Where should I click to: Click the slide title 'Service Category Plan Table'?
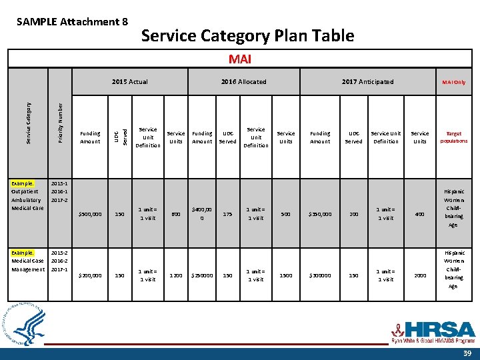point(247,35)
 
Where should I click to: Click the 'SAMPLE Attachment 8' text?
point(72,21)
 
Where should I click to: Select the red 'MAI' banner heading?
point(240,59)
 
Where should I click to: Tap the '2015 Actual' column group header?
point(130,82)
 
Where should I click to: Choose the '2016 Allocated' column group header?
point(243,82)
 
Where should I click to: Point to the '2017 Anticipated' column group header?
point(367,82)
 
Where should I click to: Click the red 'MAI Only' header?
point(453,82)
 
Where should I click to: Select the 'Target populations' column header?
point(453,137)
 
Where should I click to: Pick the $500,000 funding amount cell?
point(90,214)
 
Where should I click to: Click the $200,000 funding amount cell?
point(90,275)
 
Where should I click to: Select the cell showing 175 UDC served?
point(228,214)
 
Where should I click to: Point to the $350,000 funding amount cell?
point(320,214)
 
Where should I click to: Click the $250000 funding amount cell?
point(202,275)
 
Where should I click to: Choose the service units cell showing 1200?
point(176,275)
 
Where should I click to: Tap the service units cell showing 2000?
point(420,275)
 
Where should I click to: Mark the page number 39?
point(466,353)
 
